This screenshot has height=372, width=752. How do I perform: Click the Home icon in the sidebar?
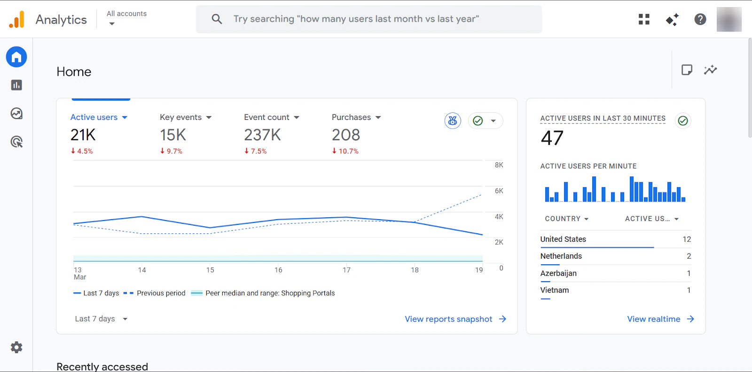pos(16,57)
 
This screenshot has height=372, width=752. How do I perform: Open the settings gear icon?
pos(16,347)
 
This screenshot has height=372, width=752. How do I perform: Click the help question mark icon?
pos(700,19)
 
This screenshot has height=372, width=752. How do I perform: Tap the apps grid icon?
pos(644,19)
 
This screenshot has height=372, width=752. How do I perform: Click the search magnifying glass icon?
pos(217,19)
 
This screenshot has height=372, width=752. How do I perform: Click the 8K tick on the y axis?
pos(499,165)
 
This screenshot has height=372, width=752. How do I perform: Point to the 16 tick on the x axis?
pos(278,270)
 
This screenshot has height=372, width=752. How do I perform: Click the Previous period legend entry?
pos(155,293)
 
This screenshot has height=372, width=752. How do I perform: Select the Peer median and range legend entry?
pos(263,293)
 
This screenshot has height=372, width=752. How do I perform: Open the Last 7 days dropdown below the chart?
pos(101,319)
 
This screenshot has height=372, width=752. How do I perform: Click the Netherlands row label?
pos(561,256)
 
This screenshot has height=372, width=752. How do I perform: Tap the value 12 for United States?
pos(687,239)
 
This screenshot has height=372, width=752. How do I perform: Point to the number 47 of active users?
pos(552,138)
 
